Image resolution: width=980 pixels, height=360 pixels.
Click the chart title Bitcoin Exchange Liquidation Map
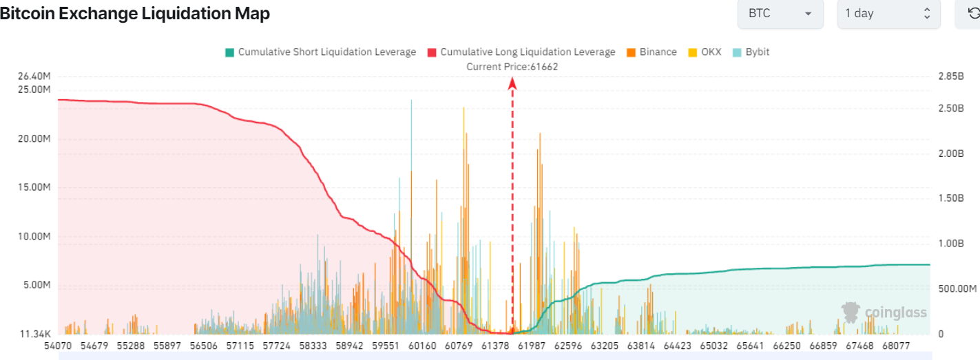point(135,14)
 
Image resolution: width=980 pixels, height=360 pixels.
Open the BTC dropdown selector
point(780,14)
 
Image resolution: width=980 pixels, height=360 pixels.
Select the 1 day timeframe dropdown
point(888,14)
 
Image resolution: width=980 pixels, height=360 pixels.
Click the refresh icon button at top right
point(973,13)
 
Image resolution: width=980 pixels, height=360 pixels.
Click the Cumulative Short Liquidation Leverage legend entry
point(320,52)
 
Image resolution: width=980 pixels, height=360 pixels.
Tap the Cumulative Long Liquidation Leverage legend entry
point(521,52)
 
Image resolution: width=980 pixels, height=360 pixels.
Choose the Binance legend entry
point(651,52)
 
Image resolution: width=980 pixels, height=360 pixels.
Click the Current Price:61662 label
point(512,67)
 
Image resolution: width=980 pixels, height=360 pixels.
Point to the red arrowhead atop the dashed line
point(512,83)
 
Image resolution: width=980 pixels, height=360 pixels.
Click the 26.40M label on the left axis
point(34,76)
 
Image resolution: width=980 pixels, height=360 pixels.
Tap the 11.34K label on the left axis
point(35,335)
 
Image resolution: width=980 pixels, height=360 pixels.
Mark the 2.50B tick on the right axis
point(950,109)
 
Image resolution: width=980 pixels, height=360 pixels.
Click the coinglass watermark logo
point(884,313)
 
